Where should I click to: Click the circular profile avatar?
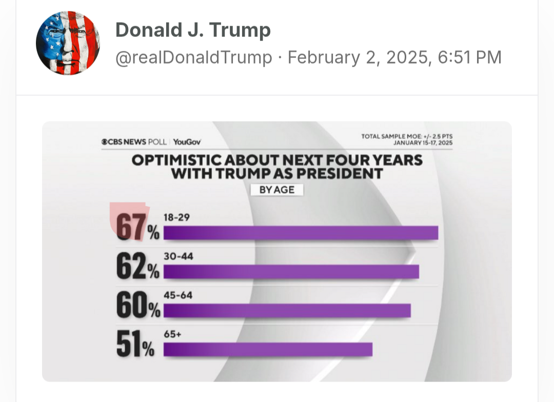click(68, 43)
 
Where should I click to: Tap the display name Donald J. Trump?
click(193, 30)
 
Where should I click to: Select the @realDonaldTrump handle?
click(193, 57)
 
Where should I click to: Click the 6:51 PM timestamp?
click(470, 57)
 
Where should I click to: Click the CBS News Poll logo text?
click(134, 142)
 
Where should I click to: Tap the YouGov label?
click(187, 142)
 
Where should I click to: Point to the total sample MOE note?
click(407, 136)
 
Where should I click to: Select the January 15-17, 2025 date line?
click(423, 143)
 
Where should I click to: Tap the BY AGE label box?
click(277, 190)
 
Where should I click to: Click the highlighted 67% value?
click(130, 226)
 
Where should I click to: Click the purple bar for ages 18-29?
click(301, 233)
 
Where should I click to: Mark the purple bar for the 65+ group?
click(268, 349)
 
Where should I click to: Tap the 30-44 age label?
click(178, 256)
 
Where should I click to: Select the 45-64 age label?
click(178, 295)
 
